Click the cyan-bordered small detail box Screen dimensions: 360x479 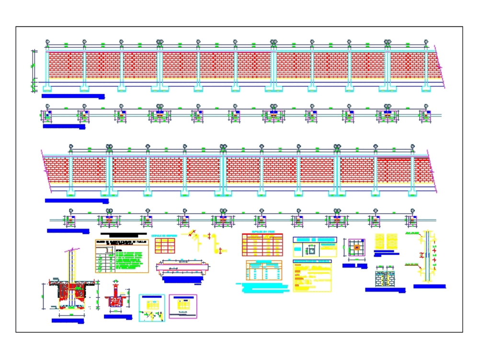point(151,307)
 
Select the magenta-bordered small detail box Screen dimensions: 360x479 point(182,306)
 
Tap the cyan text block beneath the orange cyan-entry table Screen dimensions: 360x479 point(263,286)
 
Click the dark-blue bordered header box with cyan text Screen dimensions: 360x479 point(315,240)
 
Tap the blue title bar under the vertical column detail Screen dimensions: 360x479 point(430,287)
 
